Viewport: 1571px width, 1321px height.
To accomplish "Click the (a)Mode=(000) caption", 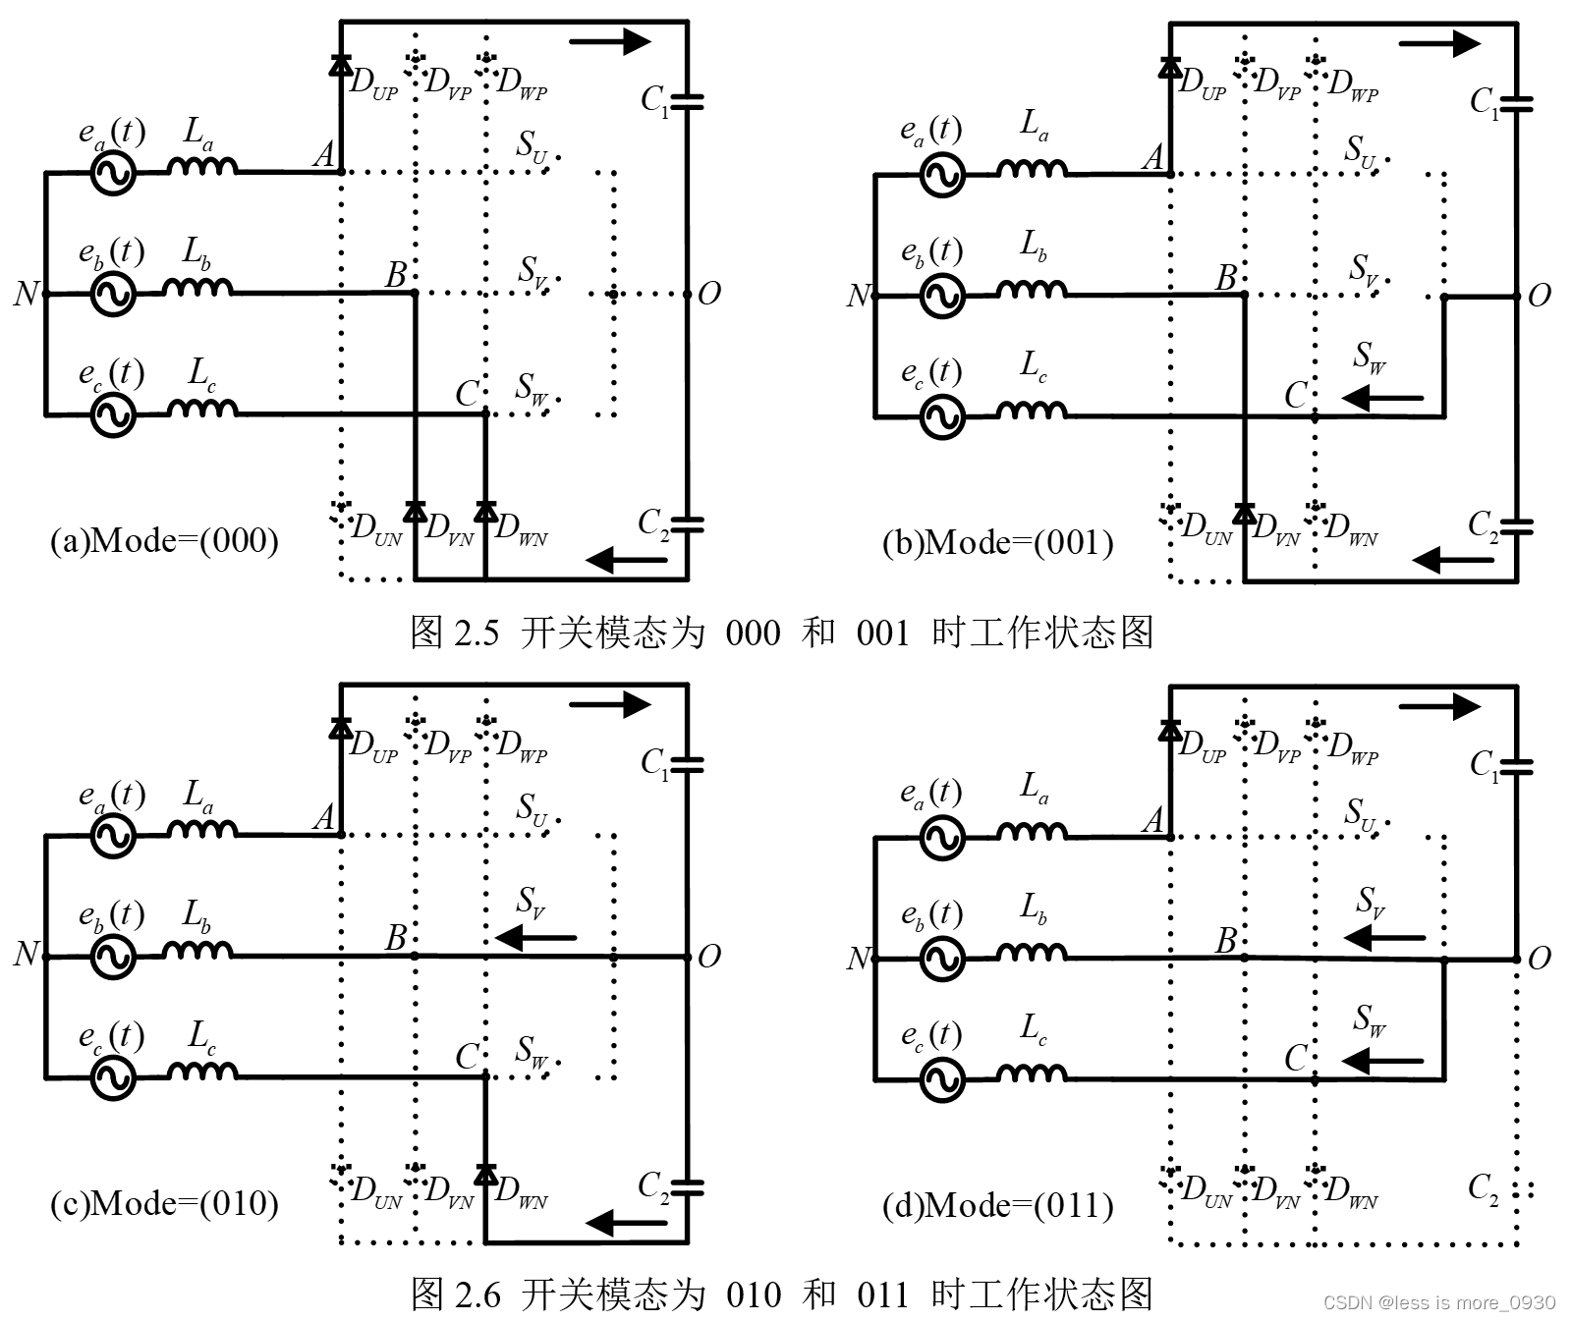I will [164, 541].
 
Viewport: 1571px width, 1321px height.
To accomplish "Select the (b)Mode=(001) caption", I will [997, 543].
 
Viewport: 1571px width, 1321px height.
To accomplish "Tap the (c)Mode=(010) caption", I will [164, 1204].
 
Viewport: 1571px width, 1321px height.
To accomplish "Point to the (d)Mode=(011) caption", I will [997, 1206].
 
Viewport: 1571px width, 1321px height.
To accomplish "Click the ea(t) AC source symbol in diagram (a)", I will [113, 174].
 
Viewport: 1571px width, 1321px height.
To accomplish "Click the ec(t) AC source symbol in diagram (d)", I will [942, 1080].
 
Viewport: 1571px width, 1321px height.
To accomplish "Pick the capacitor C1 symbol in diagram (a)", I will [687, 99].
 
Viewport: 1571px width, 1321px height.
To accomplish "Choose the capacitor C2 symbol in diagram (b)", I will [1517, 526].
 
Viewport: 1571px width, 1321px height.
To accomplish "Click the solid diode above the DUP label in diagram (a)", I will [341, 65].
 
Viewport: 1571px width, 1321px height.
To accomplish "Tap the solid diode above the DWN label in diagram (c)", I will [485, 1174].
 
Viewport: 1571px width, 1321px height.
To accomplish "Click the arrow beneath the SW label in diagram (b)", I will [1382, 398].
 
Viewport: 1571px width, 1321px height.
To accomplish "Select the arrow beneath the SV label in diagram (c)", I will [535, 938].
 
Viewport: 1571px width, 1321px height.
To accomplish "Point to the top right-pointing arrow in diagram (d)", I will [1439, 705].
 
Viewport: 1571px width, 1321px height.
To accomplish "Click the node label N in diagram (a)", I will [26, 293].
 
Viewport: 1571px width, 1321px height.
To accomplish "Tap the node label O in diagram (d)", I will [1540, 958].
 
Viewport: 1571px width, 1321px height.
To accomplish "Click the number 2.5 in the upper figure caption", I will [477, 633].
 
